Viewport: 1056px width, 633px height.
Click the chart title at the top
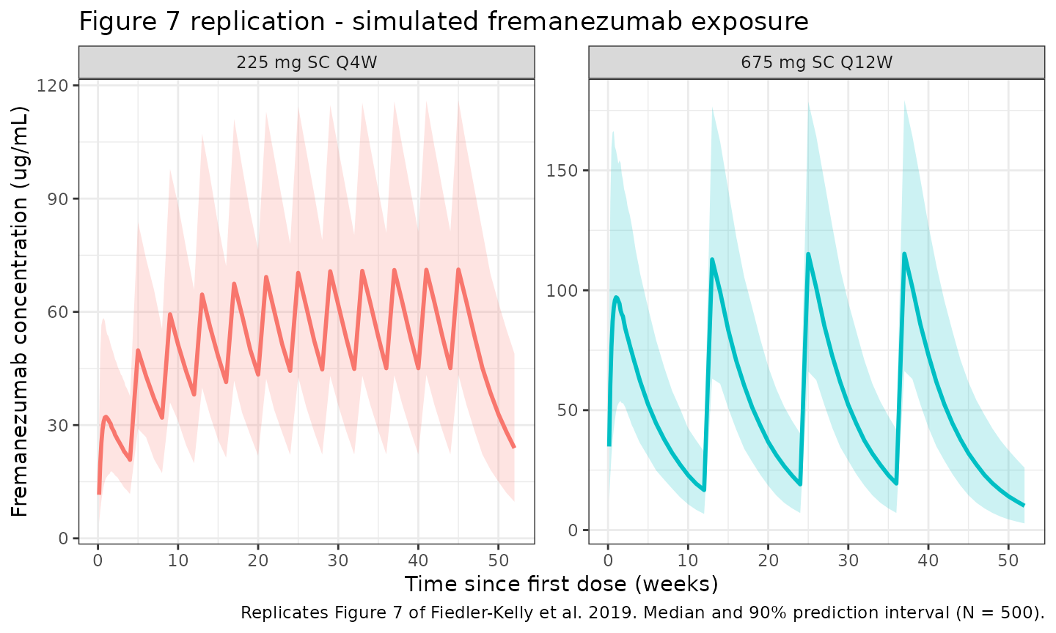pos(444,21)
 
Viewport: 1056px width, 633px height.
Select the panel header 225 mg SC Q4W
pos(307,62)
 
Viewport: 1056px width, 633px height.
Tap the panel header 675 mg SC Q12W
pos(816,62)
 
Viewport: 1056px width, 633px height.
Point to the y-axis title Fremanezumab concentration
pos(20,311)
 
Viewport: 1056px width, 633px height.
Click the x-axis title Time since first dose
pos(561,584)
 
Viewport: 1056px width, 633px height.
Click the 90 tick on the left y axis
pos(58,199)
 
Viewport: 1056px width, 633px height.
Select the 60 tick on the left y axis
pos(58,312)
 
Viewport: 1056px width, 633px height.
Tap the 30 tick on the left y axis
pos(58,426)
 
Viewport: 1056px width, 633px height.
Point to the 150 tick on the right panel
pos(562,171)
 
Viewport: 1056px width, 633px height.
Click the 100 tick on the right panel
pos(562,291)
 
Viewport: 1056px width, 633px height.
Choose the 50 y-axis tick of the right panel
pos(567,410)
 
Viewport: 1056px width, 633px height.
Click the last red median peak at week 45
pos(458,270)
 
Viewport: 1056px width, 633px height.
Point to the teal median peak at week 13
pos(712,259)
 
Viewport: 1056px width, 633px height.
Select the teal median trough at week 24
pos(799,484)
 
